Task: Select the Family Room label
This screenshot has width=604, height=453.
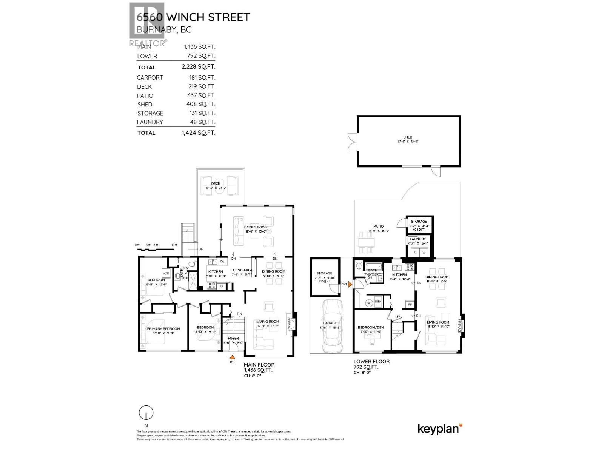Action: (256, 229)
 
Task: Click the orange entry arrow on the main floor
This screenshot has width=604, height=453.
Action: (233, 356)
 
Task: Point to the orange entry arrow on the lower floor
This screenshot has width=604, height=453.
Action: (350, 284)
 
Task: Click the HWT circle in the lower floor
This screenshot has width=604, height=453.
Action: (369, 302)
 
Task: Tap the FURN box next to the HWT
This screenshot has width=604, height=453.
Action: (378, 302)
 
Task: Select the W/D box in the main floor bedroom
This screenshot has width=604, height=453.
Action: (166, 273)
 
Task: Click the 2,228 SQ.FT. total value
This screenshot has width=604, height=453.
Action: (198, 67)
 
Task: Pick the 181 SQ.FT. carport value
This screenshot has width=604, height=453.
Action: (202, 77)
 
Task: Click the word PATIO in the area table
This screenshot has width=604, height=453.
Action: (145, 96)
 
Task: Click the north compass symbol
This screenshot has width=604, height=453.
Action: (146, 413)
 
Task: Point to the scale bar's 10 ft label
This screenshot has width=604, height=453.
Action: (174, 245)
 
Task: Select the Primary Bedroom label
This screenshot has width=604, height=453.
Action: (163, 331)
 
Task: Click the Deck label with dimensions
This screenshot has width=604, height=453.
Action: (216, 186)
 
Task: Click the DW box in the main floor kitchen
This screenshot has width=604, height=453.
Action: (222, 261)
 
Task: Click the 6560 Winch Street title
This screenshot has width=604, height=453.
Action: (193, 17)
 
